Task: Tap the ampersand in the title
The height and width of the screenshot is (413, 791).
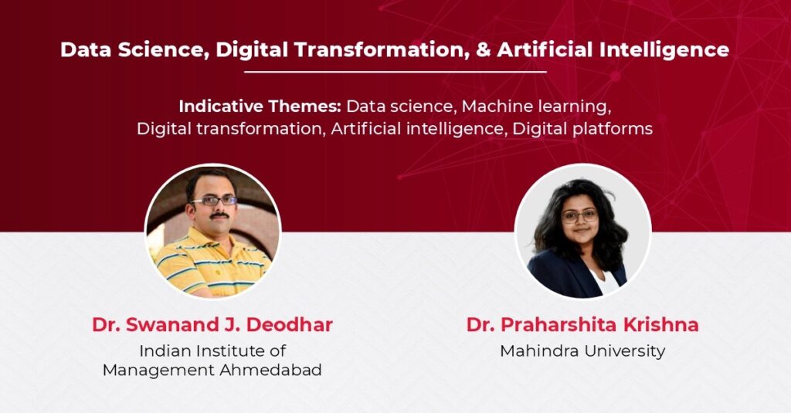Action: tap(484, 50)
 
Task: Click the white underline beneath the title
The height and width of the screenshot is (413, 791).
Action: tap(395, 72)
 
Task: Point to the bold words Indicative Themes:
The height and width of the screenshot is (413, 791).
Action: tap(260, 107)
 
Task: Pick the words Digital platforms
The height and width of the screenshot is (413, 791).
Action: tap(582, 129)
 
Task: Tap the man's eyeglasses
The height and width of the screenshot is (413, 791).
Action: tap(214, 201)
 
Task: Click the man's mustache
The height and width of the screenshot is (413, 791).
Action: tap(219, 215)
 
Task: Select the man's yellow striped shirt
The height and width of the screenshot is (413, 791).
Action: tap(212, 262)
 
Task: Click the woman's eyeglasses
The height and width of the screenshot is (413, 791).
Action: tap(579, 216)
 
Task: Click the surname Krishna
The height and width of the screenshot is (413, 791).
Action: tap(661, 325)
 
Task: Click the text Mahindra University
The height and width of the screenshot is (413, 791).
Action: tap(582, 351)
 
